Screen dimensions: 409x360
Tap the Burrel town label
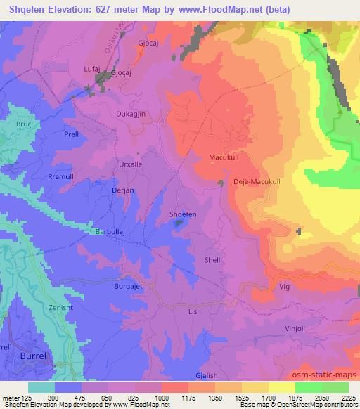pos(32,356)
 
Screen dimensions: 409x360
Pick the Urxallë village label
pos(129,163)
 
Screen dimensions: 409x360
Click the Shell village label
pos(212,260)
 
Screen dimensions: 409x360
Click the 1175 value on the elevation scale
pos(172,398)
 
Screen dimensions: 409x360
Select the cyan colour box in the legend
pos(41,387)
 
